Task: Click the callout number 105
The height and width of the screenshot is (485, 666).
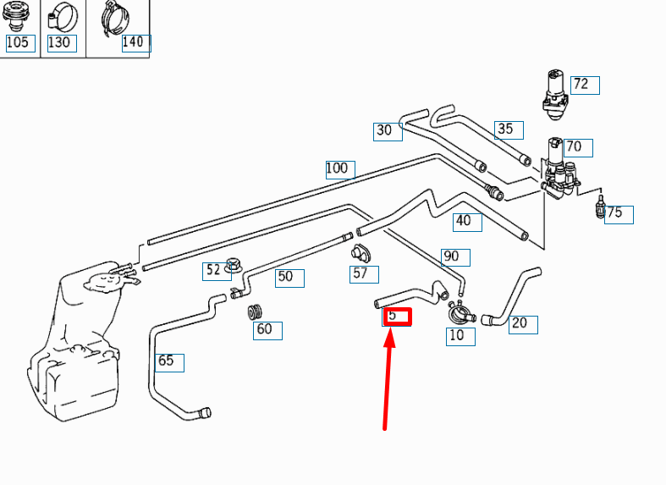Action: (x=17, y=42)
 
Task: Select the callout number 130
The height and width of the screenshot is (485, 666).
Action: (x=59, y=42)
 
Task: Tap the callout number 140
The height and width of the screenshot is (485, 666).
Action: (x=134, y=42)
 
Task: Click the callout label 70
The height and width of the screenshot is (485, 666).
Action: (x=574, y=146)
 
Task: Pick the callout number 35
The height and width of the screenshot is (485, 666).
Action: (x=505, y=129)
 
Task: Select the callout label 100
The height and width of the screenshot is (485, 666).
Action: (x=337, y=168)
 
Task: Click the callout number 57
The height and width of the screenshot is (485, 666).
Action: (x=361, y=273)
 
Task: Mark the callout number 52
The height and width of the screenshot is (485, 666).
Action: (x=213, y=270)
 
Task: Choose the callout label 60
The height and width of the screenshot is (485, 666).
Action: (x=264, y=328)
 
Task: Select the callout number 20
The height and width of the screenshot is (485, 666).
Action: (x=520, y=322)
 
